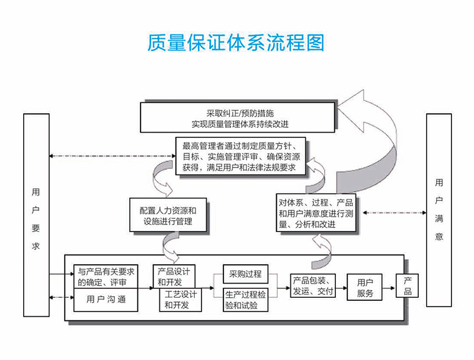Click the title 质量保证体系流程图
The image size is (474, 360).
pos(237,43)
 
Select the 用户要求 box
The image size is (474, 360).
pos(37,214)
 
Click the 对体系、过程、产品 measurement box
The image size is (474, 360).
pos(316,214)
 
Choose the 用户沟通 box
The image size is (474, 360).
pos(106,300)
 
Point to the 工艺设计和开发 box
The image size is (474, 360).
pos(177,300)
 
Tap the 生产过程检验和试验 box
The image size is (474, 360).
pos(246,300)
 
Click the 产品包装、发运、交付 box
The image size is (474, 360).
pos(313,287)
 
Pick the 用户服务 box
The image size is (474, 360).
pos(364,288)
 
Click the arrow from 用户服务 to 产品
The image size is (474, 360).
pos(389,288)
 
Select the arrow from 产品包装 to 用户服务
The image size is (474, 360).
pos(343,288)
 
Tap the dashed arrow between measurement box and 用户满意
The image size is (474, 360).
pos(392,211)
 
